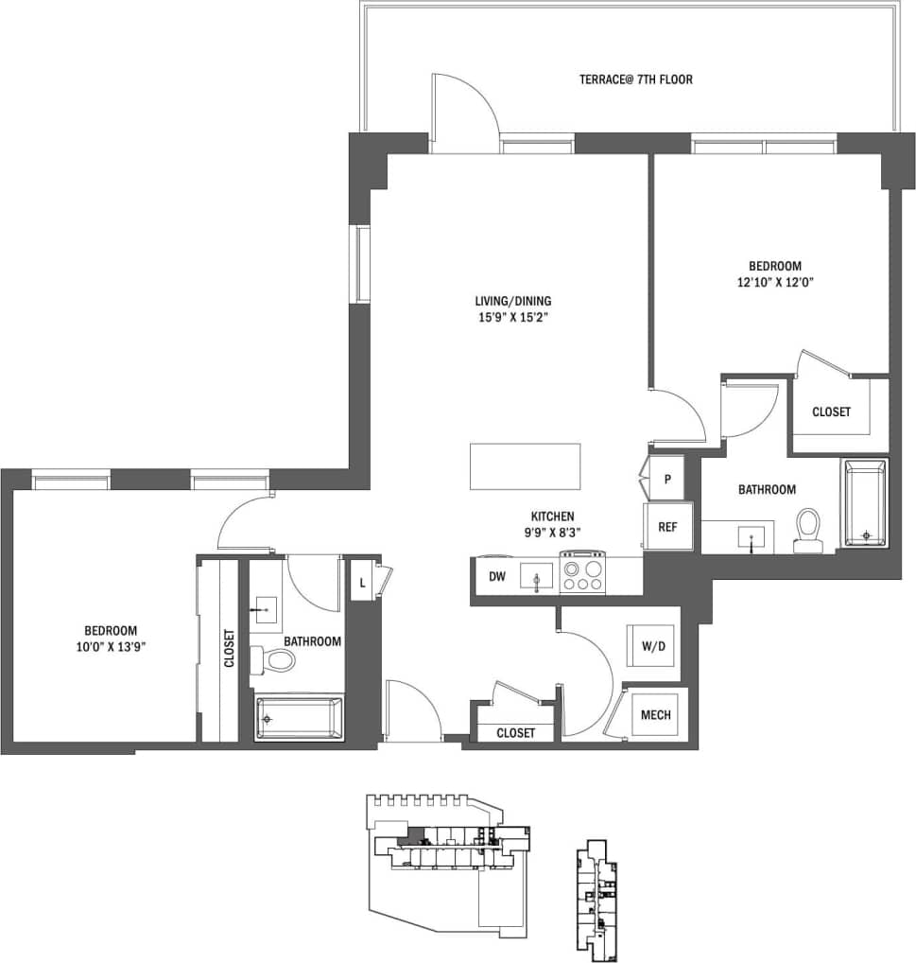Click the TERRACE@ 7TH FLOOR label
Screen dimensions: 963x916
(635, 79)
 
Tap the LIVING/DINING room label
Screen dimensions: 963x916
(512, 301)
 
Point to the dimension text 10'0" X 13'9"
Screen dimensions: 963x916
(111, 647)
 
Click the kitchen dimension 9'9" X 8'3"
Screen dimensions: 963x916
(553, 532)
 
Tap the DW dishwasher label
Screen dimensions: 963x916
(496, 576)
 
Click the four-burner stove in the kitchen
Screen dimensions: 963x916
(582, 574)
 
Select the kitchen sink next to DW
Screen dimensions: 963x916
(537, 575)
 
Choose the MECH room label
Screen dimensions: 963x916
(655, 714)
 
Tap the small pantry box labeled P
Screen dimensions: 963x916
(666, 480)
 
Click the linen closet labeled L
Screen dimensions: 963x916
(362, 581)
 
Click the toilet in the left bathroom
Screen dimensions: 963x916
(277, 658)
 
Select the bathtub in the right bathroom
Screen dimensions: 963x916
(865, 503)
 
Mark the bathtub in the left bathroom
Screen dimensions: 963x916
(299, 718)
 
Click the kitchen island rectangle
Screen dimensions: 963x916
(525, 466)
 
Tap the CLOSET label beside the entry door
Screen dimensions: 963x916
(515, 733)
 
